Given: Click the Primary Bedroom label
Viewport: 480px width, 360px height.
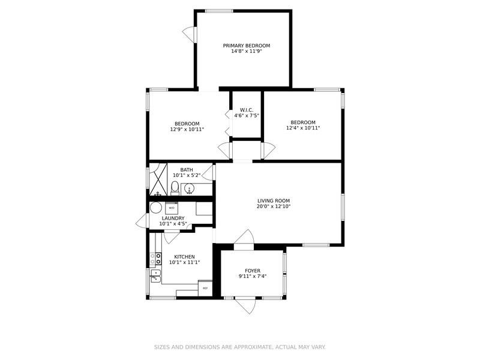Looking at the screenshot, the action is click(247, 46).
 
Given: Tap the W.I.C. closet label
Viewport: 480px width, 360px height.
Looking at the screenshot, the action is click(247, 110).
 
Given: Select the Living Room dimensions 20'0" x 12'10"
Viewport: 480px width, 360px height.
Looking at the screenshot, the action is click(274, 206).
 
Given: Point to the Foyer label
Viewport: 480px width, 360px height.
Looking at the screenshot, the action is click(253, 271).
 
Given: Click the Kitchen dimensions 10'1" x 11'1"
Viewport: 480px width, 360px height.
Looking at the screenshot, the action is click(184, 262).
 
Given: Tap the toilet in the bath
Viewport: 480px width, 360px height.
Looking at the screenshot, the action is click(175, 188).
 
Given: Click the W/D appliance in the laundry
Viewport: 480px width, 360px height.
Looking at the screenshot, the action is click(171, 208).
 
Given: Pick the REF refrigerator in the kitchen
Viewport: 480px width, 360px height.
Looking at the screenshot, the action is click(205, 288).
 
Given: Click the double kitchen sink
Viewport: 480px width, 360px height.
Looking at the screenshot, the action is click(155, 276).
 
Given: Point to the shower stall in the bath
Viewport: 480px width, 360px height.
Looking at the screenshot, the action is click(158, 179).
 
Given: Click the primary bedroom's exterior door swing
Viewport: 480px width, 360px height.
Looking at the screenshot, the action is click(189, 34).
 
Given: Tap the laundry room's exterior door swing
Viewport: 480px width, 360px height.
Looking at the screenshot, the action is click(142, 220).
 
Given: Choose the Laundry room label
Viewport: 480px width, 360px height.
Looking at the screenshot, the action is click(173, 218).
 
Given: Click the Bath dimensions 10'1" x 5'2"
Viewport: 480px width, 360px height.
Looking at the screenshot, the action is click(187, 175).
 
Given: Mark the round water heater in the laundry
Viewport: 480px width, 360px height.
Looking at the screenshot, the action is click(156, 208).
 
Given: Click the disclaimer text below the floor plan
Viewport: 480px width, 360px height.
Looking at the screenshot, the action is click(239, 347).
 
